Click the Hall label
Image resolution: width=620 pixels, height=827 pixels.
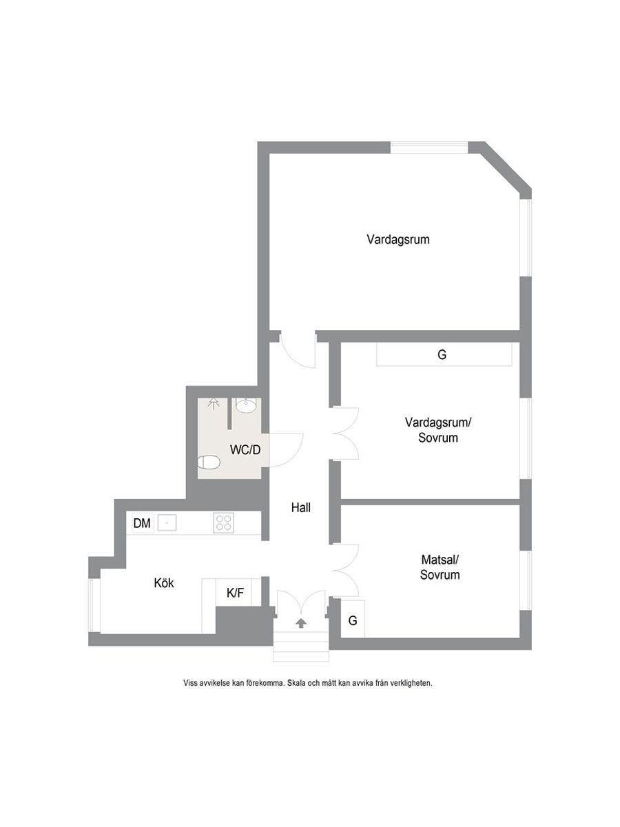(301, 508)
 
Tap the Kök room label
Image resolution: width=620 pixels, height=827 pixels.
(164, 583)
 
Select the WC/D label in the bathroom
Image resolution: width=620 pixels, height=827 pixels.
(245, 450)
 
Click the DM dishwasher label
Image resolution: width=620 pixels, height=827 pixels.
(142, 523)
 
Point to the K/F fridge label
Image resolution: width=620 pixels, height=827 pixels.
(236, 593)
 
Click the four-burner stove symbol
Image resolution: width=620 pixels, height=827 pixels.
(223, 523)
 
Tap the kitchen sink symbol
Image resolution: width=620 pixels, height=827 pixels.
(167, 523)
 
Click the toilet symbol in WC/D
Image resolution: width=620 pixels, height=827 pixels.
(208, 462)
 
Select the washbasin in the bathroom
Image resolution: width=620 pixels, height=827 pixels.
(246, 406)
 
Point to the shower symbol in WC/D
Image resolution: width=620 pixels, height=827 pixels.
(214, 404)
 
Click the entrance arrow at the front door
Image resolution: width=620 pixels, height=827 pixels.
(300, 623)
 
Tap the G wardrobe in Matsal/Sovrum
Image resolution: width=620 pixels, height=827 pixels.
(353, 620)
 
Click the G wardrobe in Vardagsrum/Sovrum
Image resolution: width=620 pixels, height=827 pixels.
(444, 354)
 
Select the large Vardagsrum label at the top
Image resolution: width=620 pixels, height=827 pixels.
(398, 240)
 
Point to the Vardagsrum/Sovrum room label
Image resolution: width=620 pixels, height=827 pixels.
(438, 430)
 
